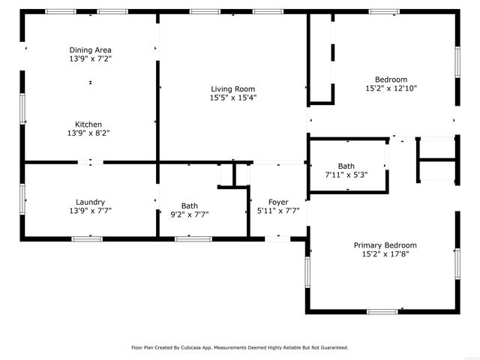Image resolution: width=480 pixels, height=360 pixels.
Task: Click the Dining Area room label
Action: (91, 49)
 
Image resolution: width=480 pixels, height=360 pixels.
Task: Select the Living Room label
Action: (232, 88)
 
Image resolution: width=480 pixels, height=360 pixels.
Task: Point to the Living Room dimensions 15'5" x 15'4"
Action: (232, 97)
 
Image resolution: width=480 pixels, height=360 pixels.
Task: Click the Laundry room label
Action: (90, 202)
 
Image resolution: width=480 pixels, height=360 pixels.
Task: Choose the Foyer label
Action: (278, 202)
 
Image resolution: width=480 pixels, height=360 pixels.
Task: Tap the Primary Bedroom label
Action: (385, 245)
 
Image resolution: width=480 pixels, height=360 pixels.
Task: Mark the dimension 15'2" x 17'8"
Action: (385, 253)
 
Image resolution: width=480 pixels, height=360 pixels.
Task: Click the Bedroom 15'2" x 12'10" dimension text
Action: (391, 88)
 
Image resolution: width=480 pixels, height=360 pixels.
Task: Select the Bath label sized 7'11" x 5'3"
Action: (346, 166)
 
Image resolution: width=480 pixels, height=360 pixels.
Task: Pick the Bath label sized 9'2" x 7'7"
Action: (190, 205)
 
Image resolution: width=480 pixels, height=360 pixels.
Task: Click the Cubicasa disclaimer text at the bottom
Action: (240, 347)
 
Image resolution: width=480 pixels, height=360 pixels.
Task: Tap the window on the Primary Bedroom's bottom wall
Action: (382, 311)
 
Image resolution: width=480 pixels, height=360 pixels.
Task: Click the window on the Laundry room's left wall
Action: (22, 199)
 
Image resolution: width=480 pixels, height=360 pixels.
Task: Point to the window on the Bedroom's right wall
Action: (456, 61)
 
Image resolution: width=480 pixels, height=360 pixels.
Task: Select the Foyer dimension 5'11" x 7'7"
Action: (278, 211)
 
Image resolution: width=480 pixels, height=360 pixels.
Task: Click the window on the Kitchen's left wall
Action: (22, 109)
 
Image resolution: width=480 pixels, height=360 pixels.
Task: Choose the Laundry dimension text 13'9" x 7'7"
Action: (90, 211)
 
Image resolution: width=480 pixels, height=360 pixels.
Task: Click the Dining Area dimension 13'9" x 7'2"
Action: (91, 58)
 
